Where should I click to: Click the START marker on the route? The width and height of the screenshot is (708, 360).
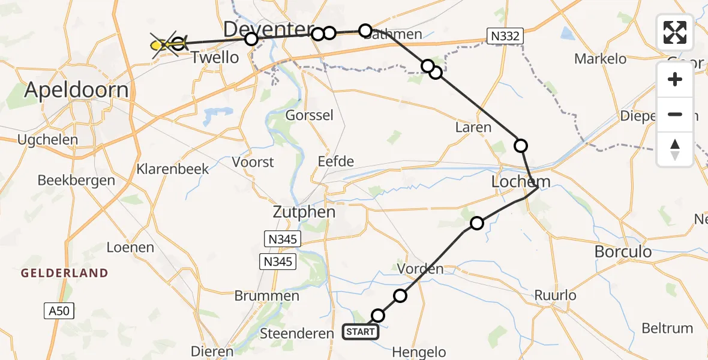pyautogui.click(x=361, y=332)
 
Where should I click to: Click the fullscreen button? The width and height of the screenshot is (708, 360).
pyautogui.click(x=675, y=32)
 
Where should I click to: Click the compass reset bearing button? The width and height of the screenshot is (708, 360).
pyautogui.click(x=675, y=149)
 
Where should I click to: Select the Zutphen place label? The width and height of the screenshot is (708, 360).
pyautogui.click(x=304, y=212)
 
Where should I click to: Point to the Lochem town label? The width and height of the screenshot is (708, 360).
pyautogui.click(x=520, y=182)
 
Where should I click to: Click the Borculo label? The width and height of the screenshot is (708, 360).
pyautogui.click(x=623, y=251)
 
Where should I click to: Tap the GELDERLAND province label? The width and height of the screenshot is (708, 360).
pyautogui.click(x=65, y=273)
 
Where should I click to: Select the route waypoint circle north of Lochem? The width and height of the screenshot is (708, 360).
pyautogui.click(x=521, y=145)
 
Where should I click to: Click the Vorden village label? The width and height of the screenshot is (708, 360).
pyautogui.click(x=420, y=268)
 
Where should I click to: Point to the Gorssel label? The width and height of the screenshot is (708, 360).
pyautogui.click(x=310, y=115)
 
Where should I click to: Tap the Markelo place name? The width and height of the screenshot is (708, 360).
pyautogui.click(x=600, y=59)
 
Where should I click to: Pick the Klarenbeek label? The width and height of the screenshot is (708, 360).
pyautogui.click(x=173, y=169)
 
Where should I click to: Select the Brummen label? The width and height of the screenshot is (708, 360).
pyautogui.click(x=267, y=296)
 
